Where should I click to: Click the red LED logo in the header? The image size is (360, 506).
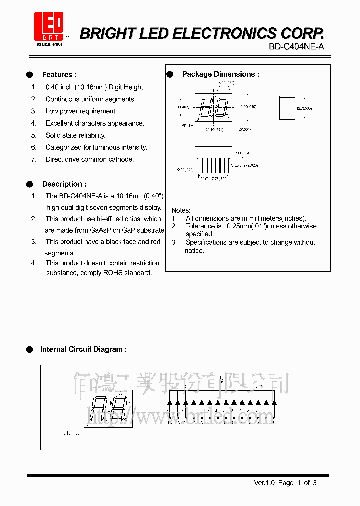(48, 26)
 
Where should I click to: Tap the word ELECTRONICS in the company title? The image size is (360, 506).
(223, 33)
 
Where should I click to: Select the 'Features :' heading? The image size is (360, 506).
(59, 75)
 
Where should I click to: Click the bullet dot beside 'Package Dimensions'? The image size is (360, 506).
(170, 74)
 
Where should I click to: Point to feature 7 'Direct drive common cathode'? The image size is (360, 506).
(90, 159)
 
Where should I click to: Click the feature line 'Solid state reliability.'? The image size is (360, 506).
(76, 135)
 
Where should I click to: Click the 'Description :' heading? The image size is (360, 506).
(64, 184)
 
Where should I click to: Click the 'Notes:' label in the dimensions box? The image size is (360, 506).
(181, 210)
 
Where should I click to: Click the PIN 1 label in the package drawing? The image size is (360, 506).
(187, 126)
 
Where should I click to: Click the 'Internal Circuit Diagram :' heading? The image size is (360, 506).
(83, 349)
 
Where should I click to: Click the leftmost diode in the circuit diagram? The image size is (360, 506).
(170, 402)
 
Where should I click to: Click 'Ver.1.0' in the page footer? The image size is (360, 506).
(264, 483)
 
